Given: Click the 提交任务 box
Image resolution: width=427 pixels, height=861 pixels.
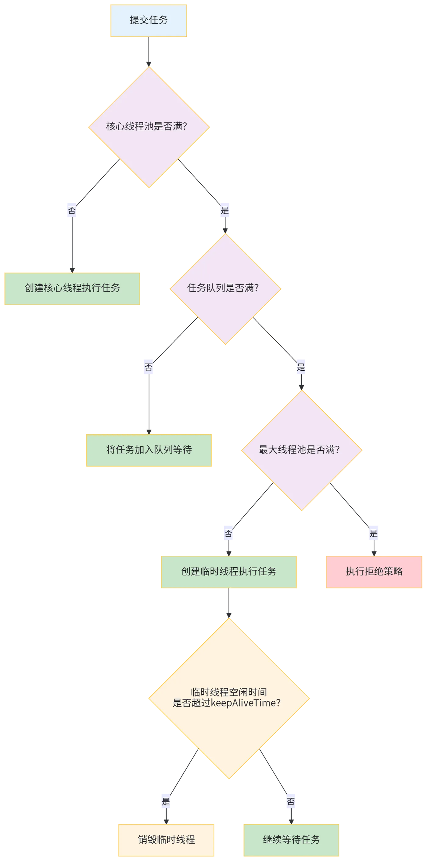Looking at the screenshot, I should point(149,20).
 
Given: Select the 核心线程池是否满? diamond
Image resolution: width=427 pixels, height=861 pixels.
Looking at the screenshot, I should point(149,127).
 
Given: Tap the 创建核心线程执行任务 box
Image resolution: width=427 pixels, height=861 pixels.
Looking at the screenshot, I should point(72,289).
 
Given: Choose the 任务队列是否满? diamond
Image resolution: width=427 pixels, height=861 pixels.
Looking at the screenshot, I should point(225,289).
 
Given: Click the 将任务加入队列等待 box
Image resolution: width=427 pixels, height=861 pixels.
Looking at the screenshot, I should point(149,450).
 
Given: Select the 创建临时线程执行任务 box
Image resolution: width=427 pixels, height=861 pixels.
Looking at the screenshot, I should point(229,572).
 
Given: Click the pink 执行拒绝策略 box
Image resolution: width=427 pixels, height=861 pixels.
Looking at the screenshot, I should point(374,572).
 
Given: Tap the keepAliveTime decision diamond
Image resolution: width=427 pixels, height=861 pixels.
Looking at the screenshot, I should point(229,699).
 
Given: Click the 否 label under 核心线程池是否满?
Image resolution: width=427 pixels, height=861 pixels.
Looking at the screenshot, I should point(72,210).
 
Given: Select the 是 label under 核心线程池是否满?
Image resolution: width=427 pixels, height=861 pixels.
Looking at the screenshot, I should point(225,210).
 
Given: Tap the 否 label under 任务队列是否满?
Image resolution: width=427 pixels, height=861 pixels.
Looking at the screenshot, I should point(148,367).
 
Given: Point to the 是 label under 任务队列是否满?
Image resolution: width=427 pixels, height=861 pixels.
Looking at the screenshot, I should point(301,367).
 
